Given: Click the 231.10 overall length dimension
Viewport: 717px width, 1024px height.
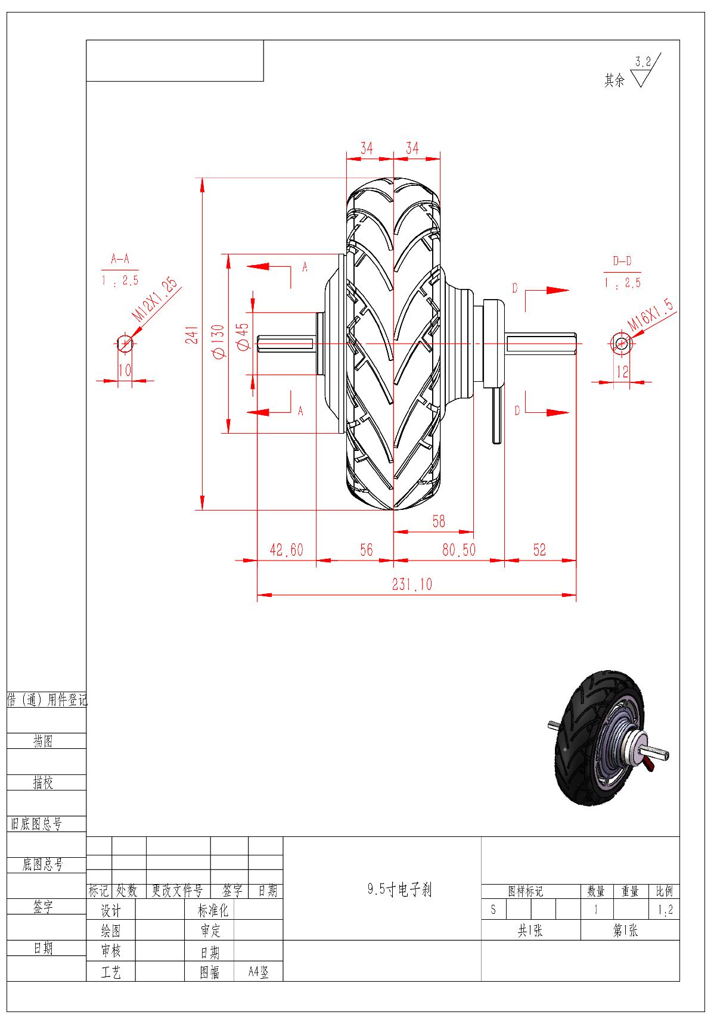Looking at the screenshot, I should click(x=412, y=584).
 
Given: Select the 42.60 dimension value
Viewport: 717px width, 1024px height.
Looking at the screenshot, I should click(x=286, y=550).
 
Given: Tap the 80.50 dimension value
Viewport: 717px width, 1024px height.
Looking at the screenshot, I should click(x=459, y=550).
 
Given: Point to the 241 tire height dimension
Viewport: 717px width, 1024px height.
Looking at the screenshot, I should click(x=191, y=335).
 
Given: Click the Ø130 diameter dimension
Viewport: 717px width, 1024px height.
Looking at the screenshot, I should click(x=218, y=341).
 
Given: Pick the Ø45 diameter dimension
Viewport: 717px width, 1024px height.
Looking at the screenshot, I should click(x=243, y=337).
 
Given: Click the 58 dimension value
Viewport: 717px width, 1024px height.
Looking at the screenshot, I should click(x=439, y=521).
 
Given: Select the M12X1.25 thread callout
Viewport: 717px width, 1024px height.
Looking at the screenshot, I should click(x=155, y=300).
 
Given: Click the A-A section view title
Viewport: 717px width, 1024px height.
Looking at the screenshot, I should click(x=120, y=260).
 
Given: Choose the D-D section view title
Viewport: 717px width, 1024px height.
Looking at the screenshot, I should click(x=622, y=261).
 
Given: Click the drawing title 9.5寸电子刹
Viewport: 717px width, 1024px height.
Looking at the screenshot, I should click(x=399, y=890).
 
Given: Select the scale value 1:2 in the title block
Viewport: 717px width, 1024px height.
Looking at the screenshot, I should click(x=665, y=910).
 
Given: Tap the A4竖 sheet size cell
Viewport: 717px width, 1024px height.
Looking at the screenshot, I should click(x=259, y=972).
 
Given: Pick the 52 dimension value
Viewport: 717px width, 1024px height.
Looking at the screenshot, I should click(x=539, y=550).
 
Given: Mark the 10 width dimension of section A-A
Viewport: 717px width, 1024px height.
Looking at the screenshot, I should click(x=125, y=370).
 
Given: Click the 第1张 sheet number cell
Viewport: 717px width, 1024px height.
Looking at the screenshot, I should click(x=626, y=930).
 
